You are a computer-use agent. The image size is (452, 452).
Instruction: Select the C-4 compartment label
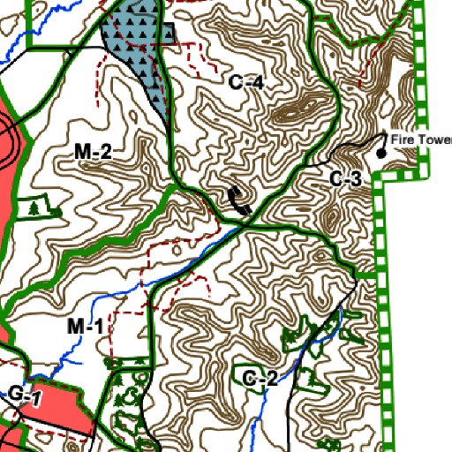click(246, 83)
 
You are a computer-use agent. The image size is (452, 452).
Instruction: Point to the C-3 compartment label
click(346, 179)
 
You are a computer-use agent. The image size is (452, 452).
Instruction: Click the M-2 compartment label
click(92, 153)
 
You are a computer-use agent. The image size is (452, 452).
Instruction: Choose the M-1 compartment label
click(86, 328)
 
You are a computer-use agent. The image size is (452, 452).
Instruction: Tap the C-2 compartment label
click(260, 380)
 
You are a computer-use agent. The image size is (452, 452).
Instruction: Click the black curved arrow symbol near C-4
click(239, 201)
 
